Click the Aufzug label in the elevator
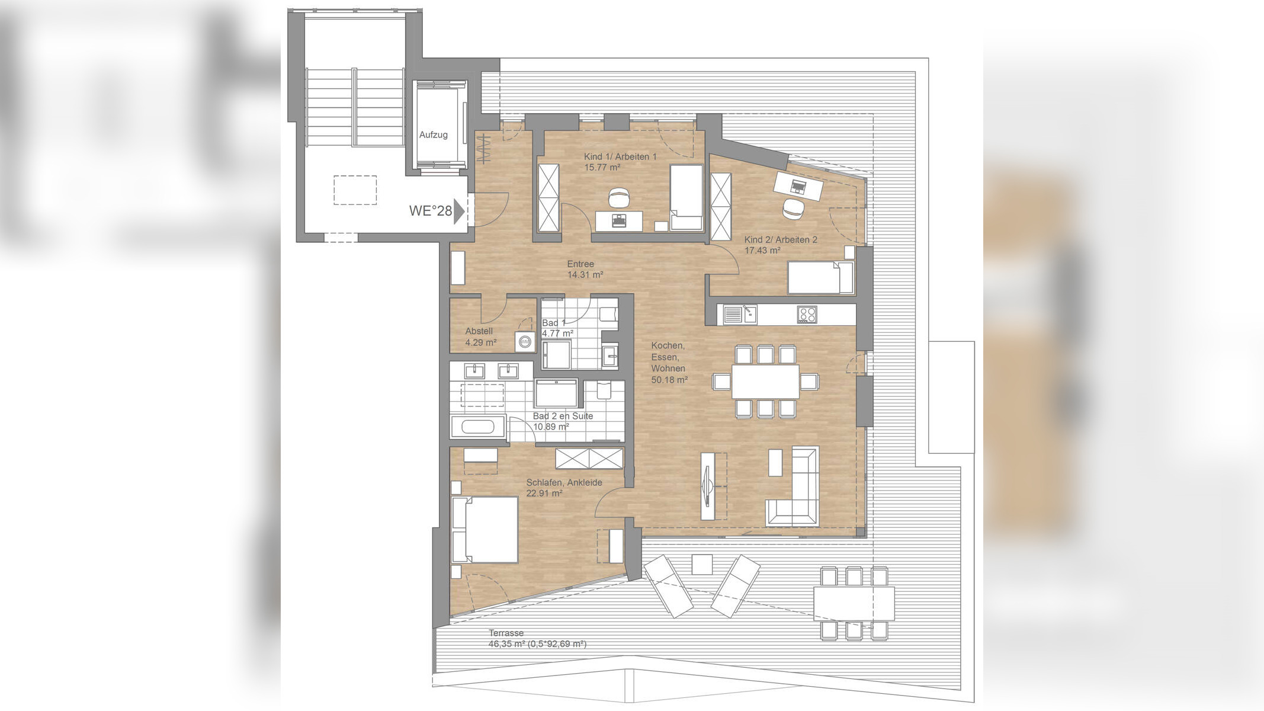pos(433,135)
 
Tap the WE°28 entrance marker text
pos(430,211)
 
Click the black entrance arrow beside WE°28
pos(458,212)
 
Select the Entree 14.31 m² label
pos(585,270)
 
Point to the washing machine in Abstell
pos(524,342)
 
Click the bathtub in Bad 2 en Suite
pos(477,427)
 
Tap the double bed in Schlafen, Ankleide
pos(485,530)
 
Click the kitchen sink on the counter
pos(739,314)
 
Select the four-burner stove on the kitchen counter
pos(806,314)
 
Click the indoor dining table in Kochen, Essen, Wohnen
pos(765,382)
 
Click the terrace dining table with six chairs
pos(854,603)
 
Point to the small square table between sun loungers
pos(702,564)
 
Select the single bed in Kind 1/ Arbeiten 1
pos(686,197)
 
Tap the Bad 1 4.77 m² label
pos(557,328)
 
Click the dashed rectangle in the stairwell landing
pos(355,190)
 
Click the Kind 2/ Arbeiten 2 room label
pos(781,240)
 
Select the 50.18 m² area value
pos(669,380)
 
